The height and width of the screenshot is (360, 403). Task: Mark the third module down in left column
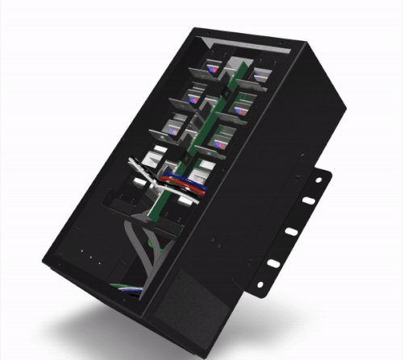[172, 127]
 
